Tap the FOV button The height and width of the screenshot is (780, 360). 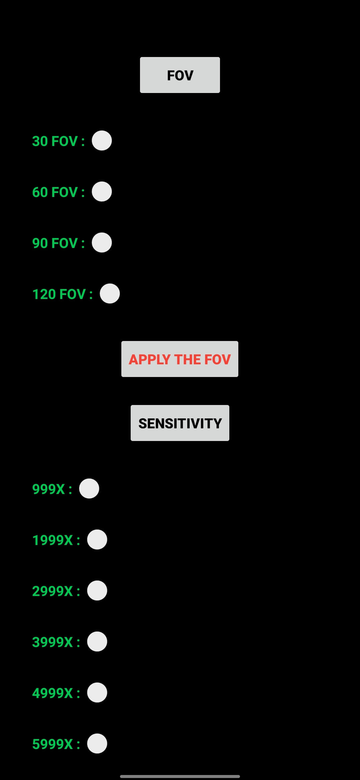(180, 75)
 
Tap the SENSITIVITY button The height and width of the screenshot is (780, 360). (180, 423)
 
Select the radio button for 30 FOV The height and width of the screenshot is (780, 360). (102, 141)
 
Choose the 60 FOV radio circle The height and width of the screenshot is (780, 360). (102, 192)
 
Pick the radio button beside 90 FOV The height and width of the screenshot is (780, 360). (102, 243)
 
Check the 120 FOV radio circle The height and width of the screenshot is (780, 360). (110, 294)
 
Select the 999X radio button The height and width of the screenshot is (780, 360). (89, 489)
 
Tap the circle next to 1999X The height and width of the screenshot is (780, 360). (97, 540)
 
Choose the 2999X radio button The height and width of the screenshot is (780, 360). (97, 591)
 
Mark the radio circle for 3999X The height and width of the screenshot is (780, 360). (97, 642)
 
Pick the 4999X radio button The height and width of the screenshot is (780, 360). (97, 693)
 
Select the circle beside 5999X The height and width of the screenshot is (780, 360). (97, 744)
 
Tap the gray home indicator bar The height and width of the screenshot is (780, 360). (180, 776)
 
